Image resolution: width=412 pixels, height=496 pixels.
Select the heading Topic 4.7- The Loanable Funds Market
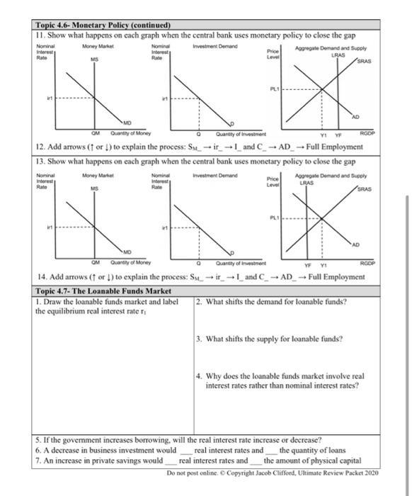click(x=103, y=291)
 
